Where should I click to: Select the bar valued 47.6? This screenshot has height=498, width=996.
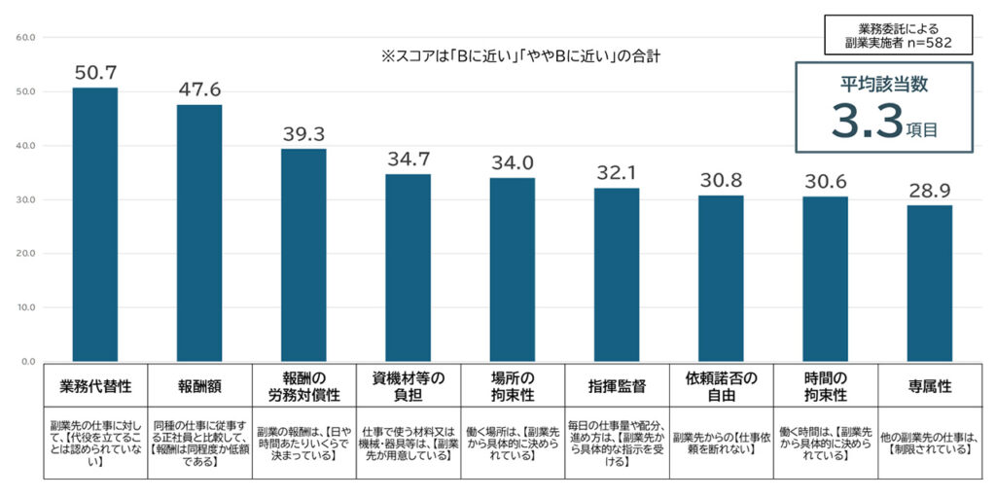pos(199,232)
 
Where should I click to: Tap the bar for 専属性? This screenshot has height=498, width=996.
pos(929,283)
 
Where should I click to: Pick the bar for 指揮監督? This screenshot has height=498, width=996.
pos(617,274)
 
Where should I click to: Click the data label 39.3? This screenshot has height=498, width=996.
pos(303,133)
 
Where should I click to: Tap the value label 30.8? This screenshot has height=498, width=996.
pos(721,180)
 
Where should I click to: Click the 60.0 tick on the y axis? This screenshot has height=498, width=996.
pos(25,38)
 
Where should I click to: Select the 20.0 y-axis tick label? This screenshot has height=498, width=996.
pos(25,254)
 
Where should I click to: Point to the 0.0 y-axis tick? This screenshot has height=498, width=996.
pos(28,362)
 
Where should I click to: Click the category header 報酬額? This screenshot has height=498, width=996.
pos(199,386)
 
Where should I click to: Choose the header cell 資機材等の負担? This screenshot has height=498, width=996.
pos(408,386)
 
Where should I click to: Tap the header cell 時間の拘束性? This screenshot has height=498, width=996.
pos(825,386)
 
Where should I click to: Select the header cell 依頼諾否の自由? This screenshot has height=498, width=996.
pos(721,386)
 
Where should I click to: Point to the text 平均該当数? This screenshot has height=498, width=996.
pos(884,85)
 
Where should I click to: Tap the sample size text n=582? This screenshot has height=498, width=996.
pos(911,44)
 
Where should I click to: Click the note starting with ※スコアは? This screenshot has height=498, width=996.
pos(521,56)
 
